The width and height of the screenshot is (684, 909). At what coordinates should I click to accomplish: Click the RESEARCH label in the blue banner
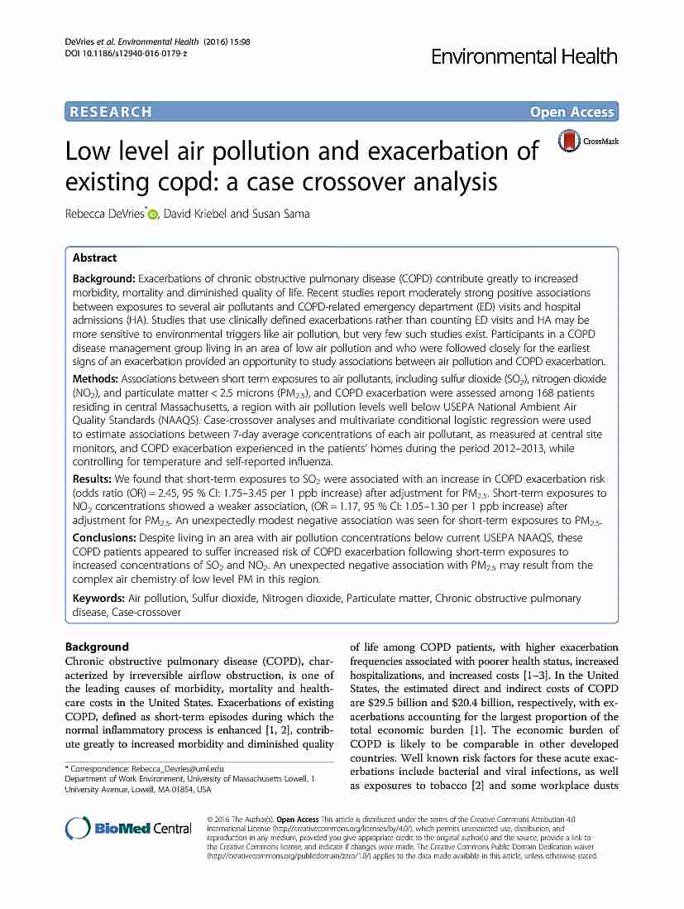point(111,112)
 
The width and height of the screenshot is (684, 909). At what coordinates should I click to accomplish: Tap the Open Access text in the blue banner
point(572,112)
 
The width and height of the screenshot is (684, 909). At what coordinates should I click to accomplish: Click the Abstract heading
point(94,257)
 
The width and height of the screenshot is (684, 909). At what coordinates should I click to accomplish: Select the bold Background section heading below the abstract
point(97,647)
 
